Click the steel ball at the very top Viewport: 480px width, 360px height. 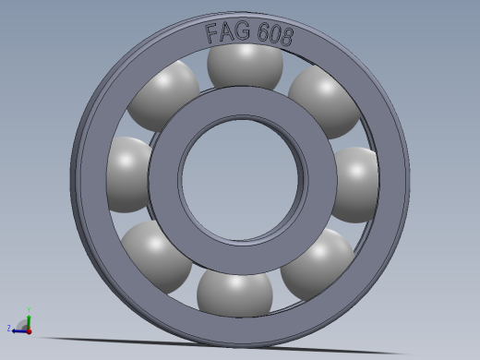(245, 66)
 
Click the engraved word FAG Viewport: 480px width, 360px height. (226, 34)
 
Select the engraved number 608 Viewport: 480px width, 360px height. (273, 36)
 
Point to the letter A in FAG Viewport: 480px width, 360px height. (226, 34)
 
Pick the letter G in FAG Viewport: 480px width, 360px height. (241, 34)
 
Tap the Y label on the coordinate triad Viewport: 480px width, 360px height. (30, 310)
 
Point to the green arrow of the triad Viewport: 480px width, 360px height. (29, 319)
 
